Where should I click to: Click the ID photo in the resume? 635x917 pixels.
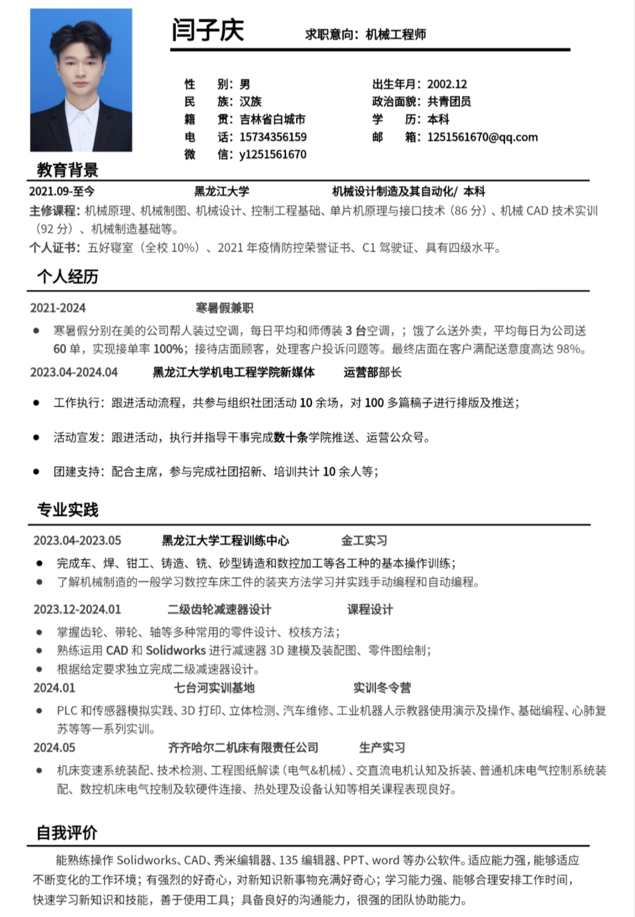click(x=81, y=80)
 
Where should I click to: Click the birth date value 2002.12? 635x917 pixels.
click(x=447, y=84)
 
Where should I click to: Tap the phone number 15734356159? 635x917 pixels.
click(x=273, y=137)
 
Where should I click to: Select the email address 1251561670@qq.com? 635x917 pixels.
click(x=482, y=137)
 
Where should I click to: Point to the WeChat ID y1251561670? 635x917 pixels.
click(x=273, y=155)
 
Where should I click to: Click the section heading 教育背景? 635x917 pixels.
click(x=68, y=170)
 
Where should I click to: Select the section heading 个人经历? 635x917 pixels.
click(x=68, y=277)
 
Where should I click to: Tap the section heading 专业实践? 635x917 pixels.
click(x=68, y=510)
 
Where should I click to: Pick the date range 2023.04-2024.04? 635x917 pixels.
click(x=74, y=372)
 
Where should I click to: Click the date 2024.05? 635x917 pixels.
click(x=54, y=748)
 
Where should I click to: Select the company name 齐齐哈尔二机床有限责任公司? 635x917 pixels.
click(x=243, y=748)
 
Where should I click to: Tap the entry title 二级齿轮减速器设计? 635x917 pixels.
click(x=219, y=609)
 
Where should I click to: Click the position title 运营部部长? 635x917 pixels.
click(x=373, y=372)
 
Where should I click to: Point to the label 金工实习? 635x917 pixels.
click(x=364, y=541)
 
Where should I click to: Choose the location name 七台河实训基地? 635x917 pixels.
click(x=214, y=688)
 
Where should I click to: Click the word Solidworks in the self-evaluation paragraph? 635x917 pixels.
click(x=146, y=860)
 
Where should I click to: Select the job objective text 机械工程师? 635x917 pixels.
click(x=396, y=34)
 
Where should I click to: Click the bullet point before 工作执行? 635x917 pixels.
click(x=36, y=403)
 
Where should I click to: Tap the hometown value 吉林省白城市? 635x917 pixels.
click(x=272, y=119)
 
